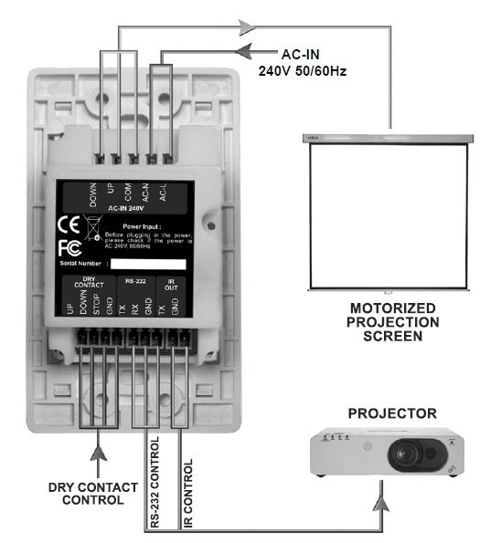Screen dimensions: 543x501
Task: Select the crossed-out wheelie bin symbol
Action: tap(94, 225)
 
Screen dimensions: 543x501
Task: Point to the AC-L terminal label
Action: tap(165, 193)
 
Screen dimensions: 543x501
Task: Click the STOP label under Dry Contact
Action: tap(97, 305)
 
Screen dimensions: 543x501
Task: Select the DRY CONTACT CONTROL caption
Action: tap(86, 494)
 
